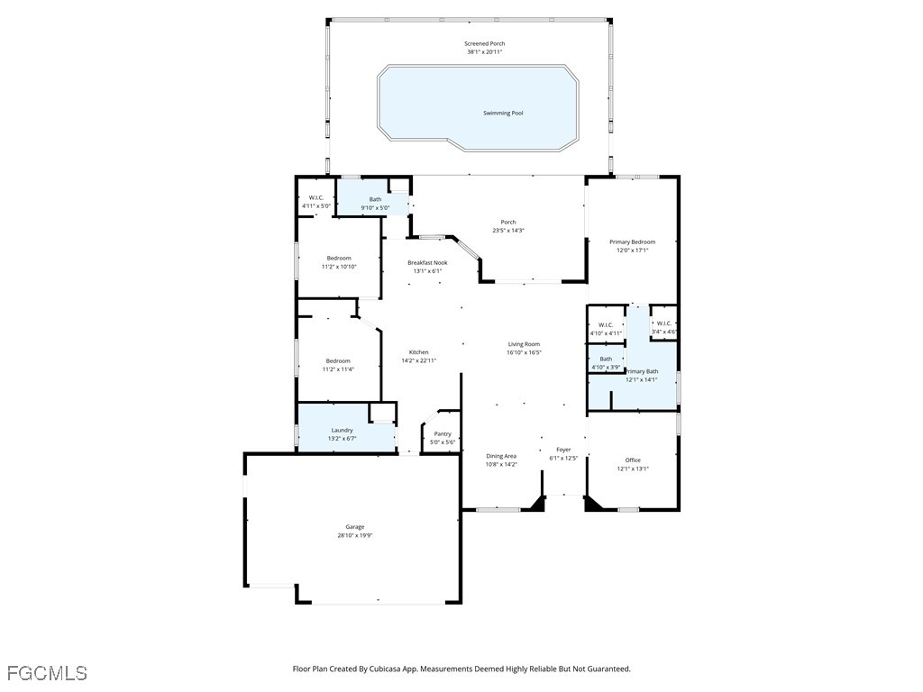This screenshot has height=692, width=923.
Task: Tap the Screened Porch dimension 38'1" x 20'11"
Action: [484, 52]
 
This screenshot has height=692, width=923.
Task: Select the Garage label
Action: [355, 527]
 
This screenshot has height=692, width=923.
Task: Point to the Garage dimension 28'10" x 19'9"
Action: [355, 535]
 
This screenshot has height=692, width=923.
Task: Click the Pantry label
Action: [443, 434]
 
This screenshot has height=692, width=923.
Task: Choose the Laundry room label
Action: [342, 431]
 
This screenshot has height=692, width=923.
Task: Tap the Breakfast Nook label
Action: [427, 263]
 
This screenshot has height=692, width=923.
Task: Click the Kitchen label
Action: [418, 352]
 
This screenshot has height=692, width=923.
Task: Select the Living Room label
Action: [524, 344]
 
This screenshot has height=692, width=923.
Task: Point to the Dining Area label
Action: [501, 456]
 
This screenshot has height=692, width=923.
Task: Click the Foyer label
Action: [563, 450]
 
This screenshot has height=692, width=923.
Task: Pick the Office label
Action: [633, 460]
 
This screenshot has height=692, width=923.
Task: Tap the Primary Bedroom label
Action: [632, 241]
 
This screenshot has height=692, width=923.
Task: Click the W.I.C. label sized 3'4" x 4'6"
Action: [664, 323]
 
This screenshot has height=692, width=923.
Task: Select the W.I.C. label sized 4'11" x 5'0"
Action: [316, 198]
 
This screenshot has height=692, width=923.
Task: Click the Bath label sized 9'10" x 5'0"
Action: [375, 199]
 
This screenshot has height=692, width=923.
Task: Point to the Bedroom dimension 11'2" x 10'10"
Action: [339, 267]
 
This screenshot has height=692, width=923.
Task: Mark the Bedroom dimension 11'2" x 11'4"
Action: [339, 369]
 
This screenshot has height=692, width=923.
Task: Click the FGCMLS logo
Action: [47, 673]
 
